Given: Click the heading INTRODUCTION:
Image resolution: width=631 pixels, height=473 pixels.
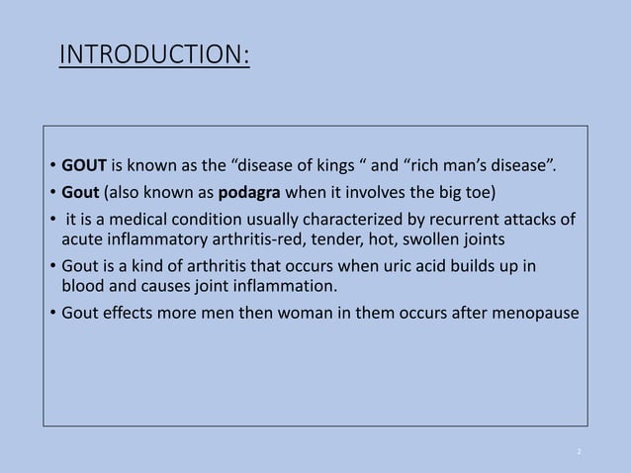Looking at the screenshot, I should (154, 55).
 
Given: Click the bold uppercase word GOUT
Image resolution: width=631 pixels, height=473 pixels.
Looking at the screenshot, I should (84, 163).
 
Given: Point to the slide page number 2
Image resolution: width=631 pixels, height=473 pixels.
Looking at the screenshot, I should (579, 451).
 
